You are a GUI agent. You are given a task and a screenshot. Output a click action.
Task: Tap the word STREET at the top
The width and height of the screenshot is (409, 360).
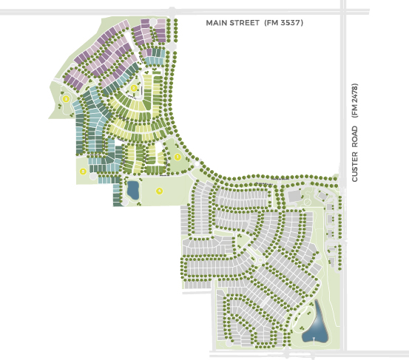pyautogui.click(x=246, y=23)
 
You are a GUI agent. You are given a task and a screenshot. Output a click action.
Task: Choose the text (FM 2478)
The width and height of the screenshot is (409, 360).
pyautogui.click(x=355, y=100)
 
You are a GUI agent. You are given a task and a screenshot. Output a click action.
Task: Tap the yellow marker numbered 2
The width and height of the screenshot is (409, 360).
pyautogui.click(x=134, y=89)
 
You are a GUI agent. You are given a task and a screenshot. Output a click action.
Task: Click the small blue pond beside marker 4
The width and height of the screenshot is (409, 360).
pyautogui.click(x=133, y=190)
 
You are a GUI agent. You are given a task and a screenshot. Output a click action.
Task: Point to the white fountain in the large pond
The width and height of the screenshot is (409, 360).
pyautogui.click(x=314, y=339)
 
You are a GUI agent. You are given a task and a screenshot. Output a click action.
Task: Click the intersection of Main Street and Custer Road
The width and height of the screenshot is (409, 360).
pyautogui.click(x=342, y=12)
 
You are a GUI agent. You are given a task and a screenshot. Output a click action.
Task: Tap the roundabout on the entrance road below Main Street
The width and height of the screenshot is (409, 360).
pyautogui.click(x=172, y=46)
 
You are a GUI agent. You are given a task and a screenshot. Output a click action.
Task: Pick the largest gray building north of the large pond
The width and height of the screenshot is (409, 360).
pyautogui.click(x=294, y=197)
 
